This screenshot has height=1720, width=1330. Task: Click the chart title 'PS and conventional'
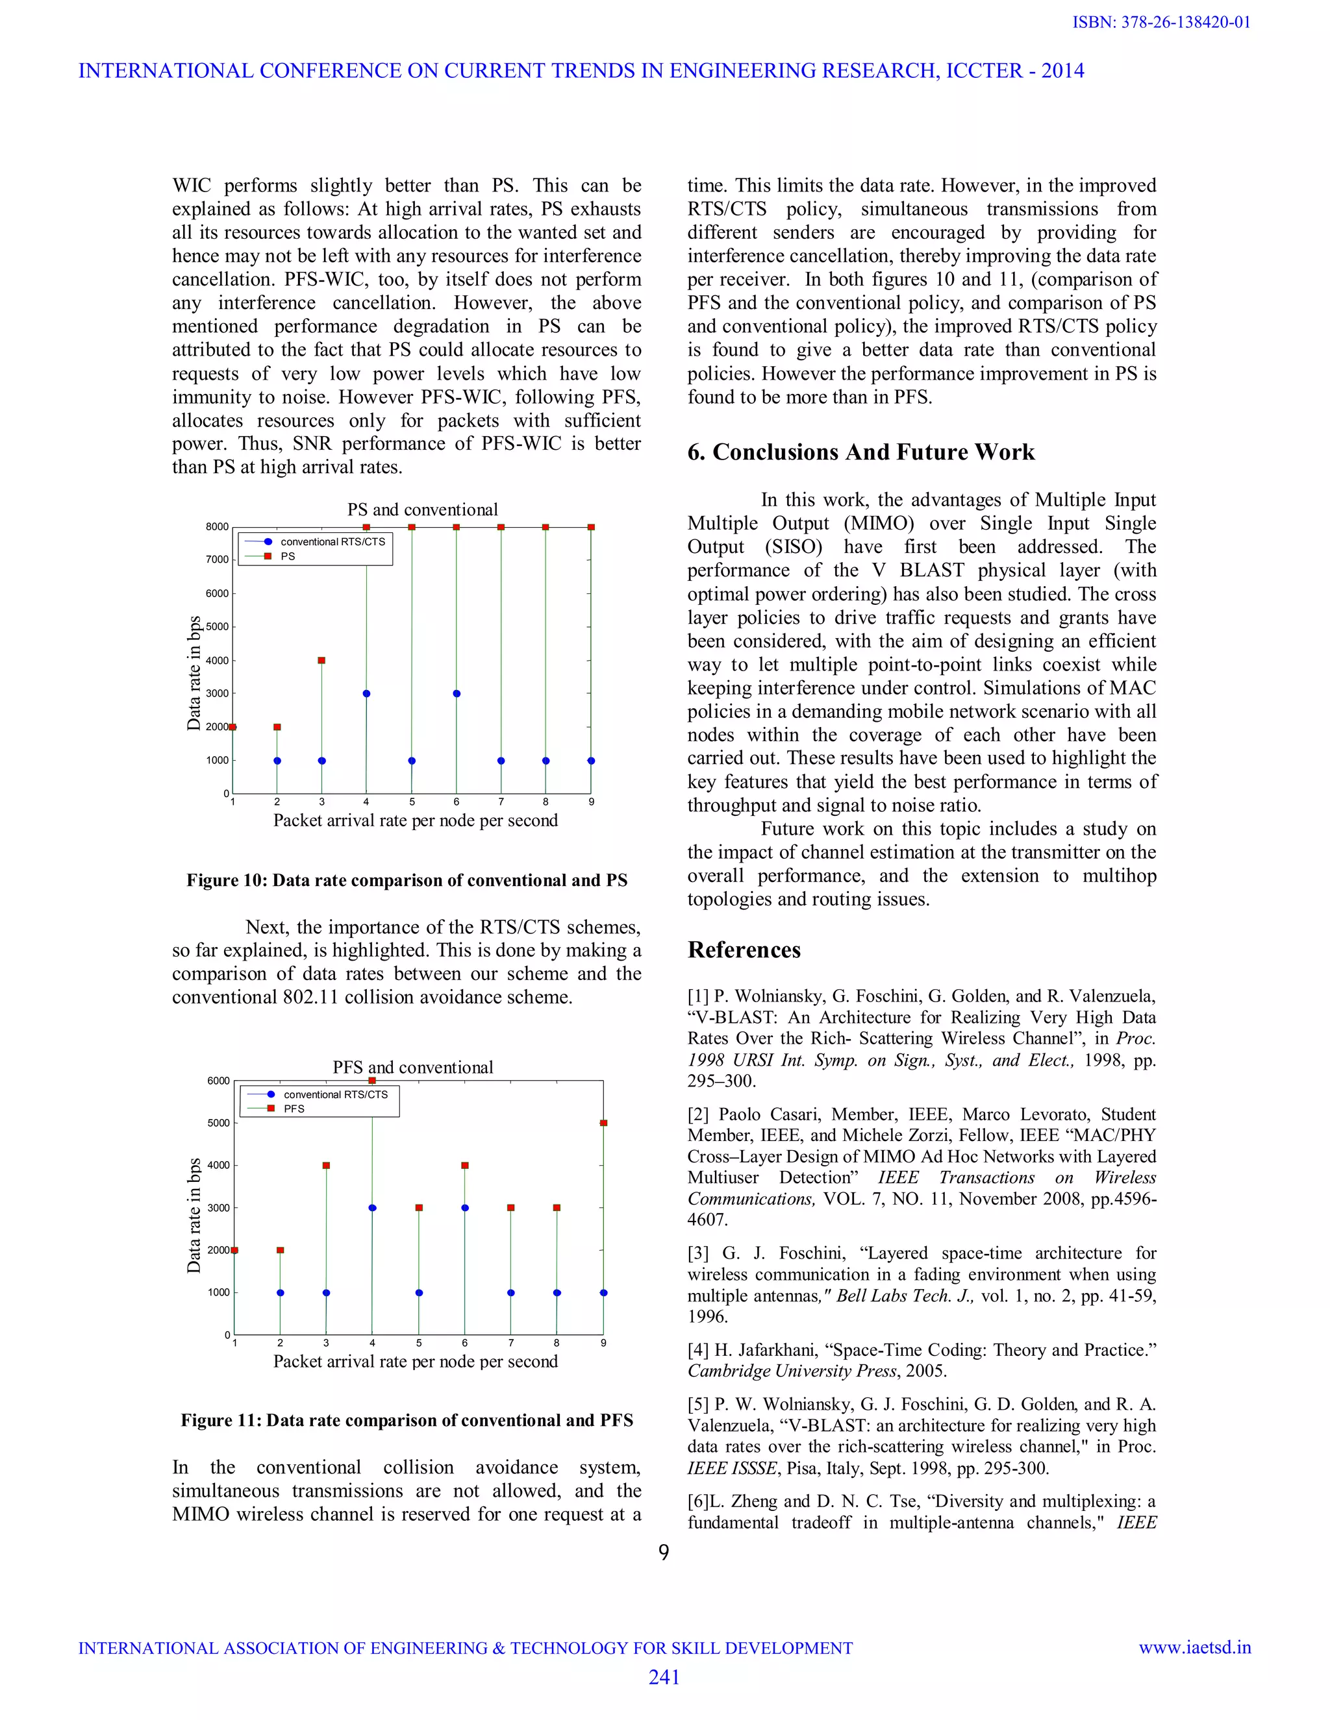pyautogui.click(x=422, y=510)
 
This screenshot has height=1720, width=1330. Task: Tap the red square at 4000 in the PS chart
pyautogui.click(x=321, y=660)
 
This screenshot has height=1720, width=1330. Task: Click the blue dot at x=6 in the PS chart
pyautogui.click(x=456, y=694)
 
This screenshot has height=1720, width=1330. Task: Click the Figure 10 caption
pyautogui.click(x=407, y=881)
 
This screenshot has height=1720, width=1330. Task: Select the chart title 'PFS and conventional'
pyautogui.click(x=413, y=1067)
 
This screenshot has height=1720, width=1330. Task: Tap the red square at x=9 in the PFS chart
pyautogui.click(x=603, y=1123)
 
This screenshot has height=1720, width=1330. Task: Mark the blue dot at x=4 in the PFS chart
pyautogui.click(x=372, y=1207)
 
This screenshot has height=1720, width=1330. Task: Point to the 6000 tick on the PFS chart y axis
pyautogui.click(x=218, y=1081)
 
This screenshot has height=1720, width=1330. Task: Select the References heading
pyautogui.click(x=744, y=950)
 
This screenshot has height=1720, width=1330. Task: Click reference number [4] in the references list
pyautogui.click(x=698, y=1351)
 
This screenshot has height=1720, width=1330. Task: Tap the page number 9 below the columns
pyautogui.click(x=664, y=1553)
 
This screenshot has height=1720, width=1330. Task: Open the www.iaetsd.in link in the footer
pyautogui.click(x=1194, y=1647)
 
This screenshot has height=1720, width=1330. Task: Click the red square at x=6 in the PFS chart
pyautogui.click(x=465, y=1165)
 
